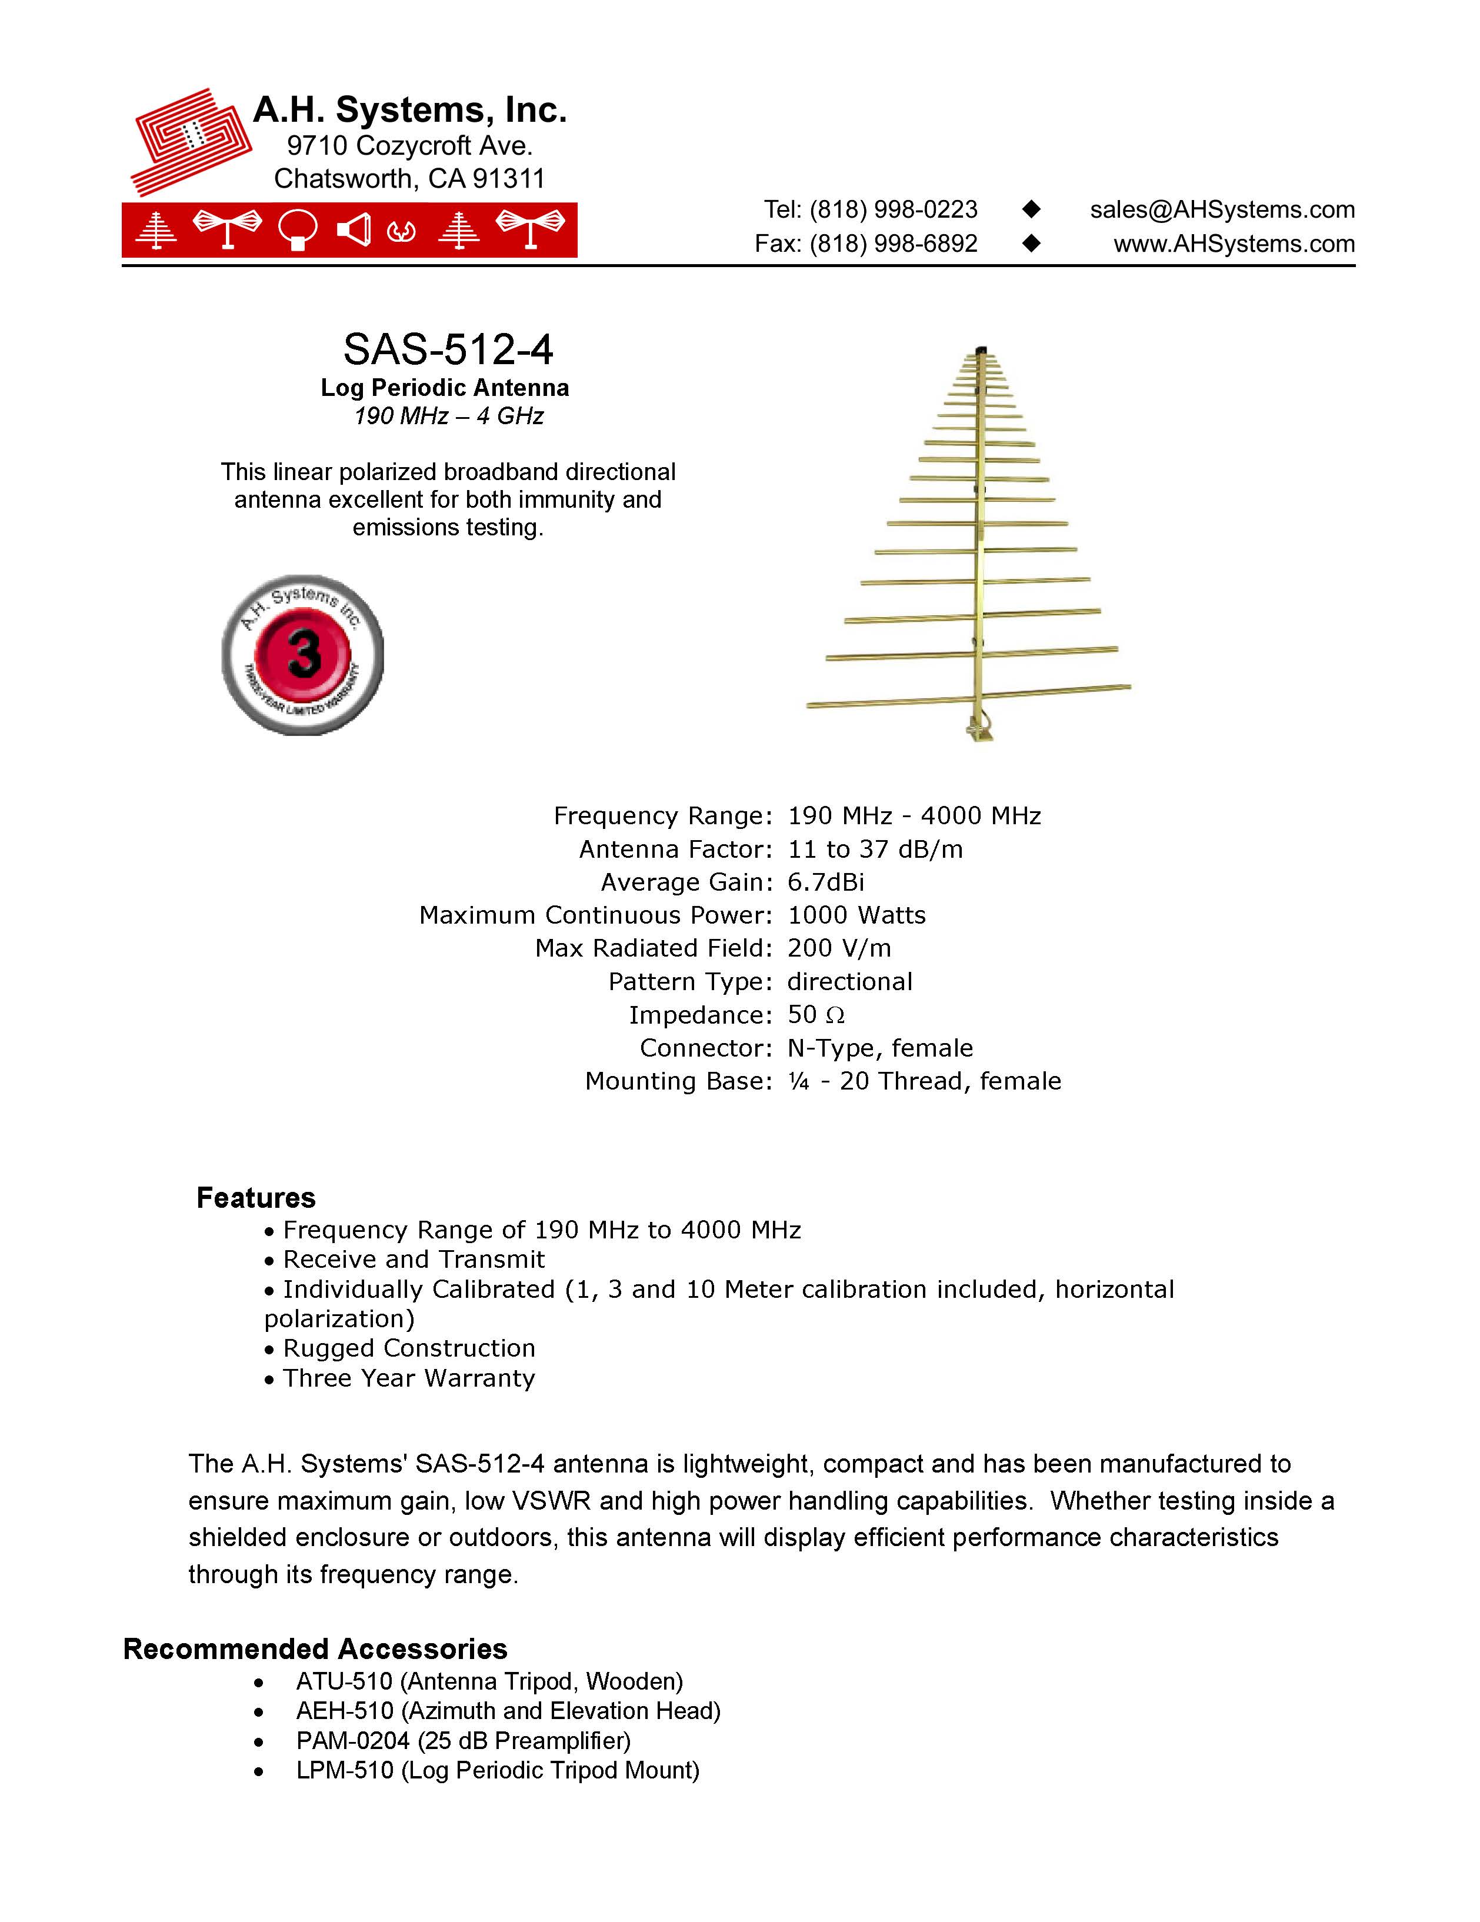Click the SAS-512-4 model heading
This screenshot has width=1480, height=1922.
[448, 349]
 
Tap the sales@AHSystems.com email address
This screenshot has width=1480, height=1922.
[1221, 209]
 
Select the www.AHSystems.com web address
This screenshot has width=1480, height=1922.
[1234, 244]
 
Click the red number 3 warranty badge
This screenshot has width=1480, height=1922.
[303, 655]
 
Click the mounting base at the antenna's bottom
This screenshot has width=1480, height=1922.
[979, 730]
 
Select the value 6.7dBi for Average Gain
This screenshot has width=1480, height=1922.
[825, 882]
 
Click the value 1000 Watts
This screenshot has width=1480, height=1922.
[856, 915]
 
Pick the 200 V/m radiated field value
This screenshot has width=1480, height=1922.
[839, 948]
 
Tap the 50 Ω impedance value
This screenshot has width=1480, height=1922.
[816, 1015]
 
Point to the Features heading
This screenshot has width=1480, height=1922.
[255, 1198]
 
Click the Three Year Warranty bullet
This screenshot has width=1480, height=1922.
[408, 1378]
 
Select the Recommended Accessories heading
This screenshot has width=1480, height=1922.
[315, 1648]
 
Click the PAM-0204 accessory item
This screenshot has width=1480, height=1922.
[463, 1741]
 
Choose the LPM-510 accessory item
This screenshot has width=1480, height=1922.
[497, 1771]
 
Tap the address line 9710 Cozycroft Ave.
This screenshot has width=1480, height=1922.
[409, 145]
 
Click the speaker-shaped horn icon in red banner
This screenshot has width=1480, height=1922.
[354, 231]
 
